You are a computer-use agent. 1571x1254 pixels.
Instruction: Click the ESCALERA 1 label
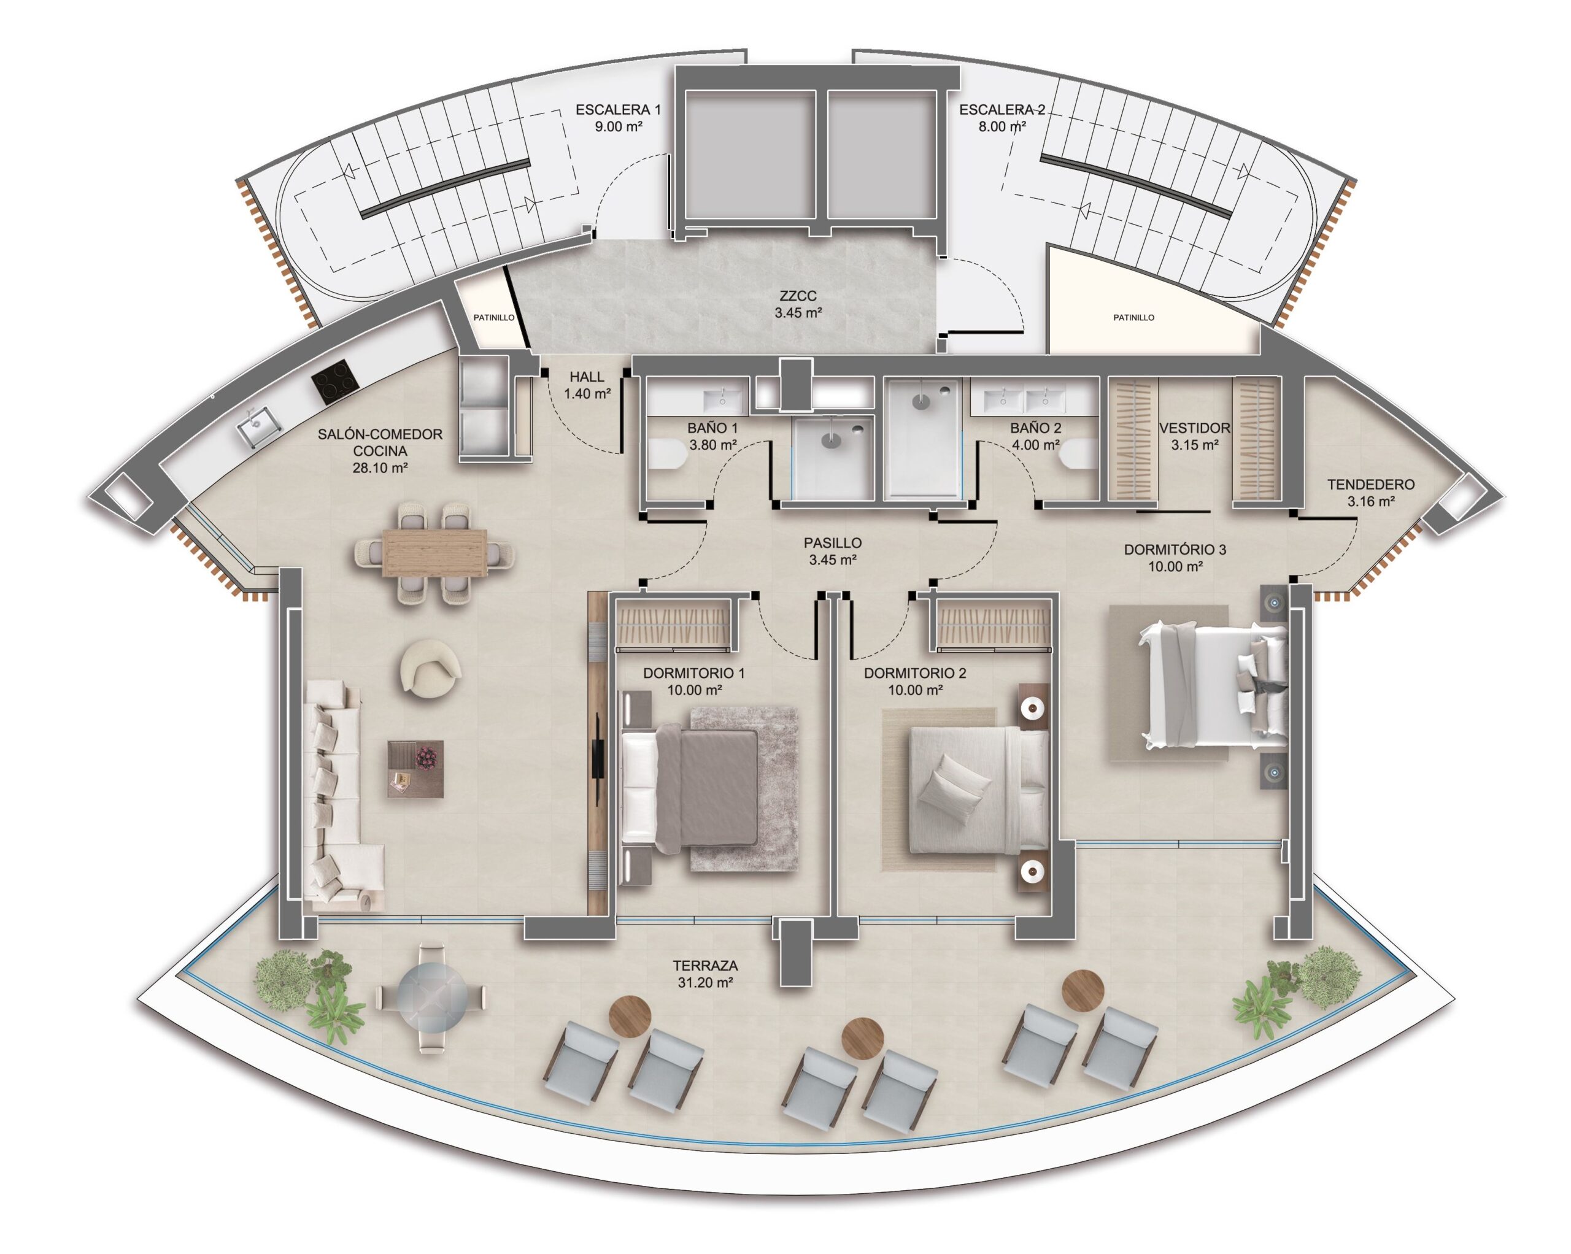coord(618,110)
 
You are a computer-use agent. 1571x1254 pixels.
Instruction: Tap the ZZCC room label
coord(798,296)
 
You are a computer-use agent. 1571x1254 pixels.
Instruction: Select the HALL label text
coord(587,377)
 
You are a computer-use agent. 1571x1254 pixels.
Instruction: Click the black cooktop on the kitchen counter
coord(335,383)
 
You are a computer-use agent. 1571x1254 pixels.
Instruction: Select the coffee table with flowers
coord(415,769)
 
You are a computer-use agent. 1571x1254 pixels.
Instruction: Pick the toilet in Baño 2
coord(1079,455)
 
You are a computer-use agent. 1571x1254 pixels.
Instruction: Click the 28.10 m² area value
coord(380,467)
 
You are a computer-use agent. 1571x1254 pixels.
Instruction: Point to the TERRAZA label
coord(704,966)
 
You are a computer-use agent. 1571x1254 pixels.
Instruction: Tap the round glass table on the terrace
coord(431,997)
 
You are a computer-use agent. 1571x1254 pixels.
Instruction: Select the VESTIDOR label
coord(1194,428)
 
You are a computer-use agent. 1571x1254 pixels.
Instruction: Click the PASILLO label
coord(832,543)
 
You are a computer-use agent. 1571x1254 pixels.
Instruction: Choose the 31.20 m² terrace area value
coord(704,982)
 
